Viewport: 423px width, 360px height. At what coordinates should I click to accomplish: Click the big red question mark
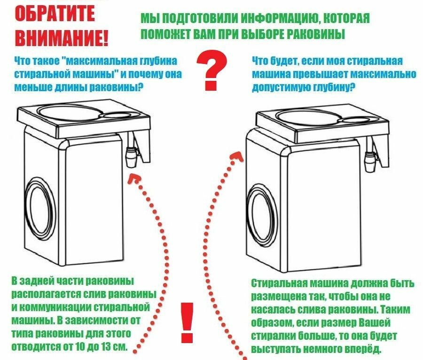pyautogui.click(x=211, y=70)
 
